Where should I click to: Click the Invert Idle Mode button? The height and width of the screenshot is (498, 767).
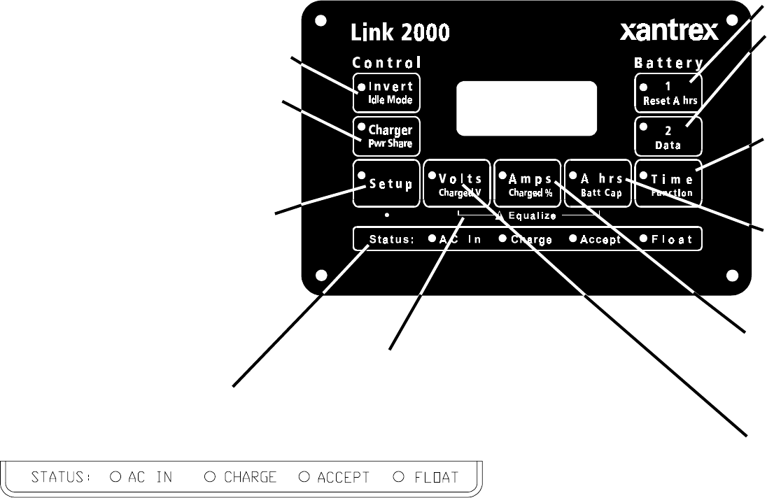pyautogui.click(x=386, y=93)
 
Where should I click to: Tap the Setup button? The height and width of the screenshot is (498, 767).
pyautogui.click(x=386, y=184)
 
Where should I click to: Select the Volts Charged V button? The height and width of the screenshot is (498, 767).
pyautogui.click(x=457, y=184)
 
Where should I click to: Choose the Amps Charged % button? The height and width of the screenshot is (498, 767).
pyautogui.click(x=528, y=184)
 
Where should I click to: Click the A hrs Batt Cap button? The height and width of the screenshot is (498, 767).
pyautogui.click(x=598, y=184)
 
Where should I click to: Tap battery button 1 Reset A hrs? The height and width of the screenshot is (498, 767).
pyautogui.click(x=669, y=93)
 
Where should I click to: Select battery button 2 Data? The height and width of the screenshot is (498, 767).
pyautogui.click(x=669, y=136)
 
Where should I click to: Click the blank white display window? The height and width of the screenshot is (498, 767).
pyautogui.click(x=526, y=108)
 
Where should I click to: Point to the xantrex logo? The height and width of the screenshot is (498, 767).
pyautogui.click(x=668, y=32)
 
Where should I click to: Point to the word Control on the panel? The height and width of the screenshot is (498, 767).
pyautogui.click(x=387, y=63)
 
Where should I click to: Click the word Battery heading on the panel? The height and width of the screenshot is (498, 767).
pyautogui.click(x=668, y=63)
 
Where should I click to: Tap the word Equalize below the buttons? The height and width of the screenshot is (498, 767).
pyautogui.click(x=532, y=216)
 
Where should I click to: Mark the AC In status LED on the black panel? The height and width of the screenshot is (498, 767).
pyautogui.click(x=432, y=239)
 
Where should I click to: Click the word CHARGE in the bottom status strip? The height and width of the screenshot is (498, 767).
pyautogui.click(x=251, y=478)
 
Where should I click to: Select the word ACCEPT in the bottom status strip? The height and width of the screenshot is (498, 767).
pyautogui.click(x=343, y=478)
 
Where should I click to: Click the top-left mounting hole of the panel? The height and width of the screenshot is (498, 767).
pyautogui.click(x=321, y=21)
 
